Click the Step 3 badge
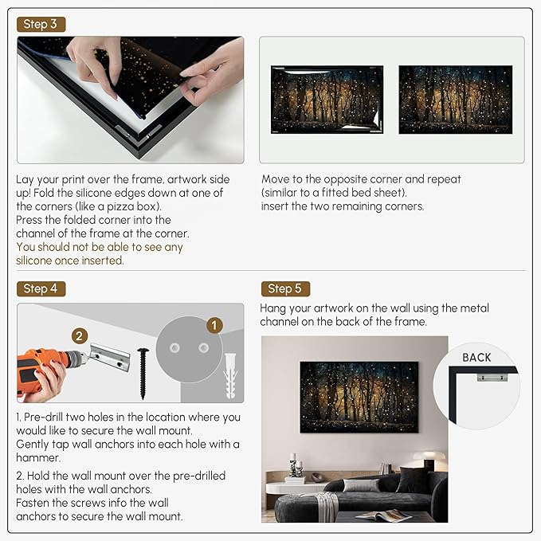coord(41,24)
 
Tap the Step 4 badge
coord(41,288)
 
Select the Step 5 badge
coord(285,288)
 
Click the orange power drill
coord(49,368)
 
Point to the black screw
coord(143,374)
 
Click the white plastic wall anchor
coord(230,376)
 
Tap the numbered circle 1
coord(214,325)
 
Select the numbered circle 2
coord(80,335)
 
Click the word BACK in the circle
coord(476,358)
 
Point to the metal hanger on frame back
coord(492,377)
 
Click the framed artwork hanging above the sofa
coord(359,397)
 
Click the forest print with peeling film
coord(327,100)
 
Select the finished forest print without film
coord(456,100)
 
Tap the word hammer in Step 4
coord(37,457)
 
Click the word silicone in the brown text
coord(33,261)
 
